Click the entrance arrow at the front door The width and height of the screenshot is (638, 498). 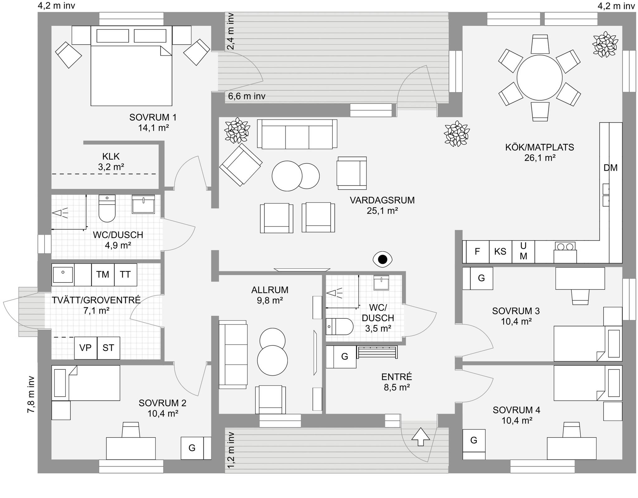421,437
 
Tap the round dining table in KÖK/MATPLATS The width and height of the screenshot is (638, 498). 540,78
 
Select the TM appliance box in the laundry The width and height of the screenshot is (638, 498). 103,274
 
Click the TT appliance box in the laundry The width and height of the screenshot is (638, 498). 126,274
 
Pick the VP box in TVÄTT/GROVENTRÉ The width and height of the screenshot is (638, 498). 86,348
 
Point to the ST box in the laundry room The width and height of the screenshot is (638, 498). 108,348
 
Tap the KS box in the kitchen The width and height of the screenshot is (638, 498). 500,252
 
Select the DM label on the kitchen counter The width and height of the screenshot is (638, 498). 611,168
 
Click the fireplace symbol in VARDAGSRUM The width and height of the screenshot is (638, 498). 383,259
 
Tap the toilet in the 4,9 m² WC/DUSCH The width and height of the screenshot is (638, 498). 107,208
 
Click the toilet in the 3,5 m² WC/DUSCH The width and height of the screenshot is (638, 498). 340,326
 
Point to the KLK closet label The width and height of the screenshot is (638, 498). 111,156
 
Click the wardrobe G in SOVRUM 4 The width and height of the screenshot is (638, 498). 474,440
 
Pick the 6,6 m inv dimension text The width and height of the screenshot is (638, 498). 247,96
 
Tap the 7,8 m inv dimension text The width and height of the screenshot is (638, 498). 31,394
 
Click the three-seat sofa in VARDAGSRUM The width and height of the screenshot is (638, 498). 297,134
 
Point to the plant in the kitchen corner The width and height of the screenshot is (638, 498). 605,44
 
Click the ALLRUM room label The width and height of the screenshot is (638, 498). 270,290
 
